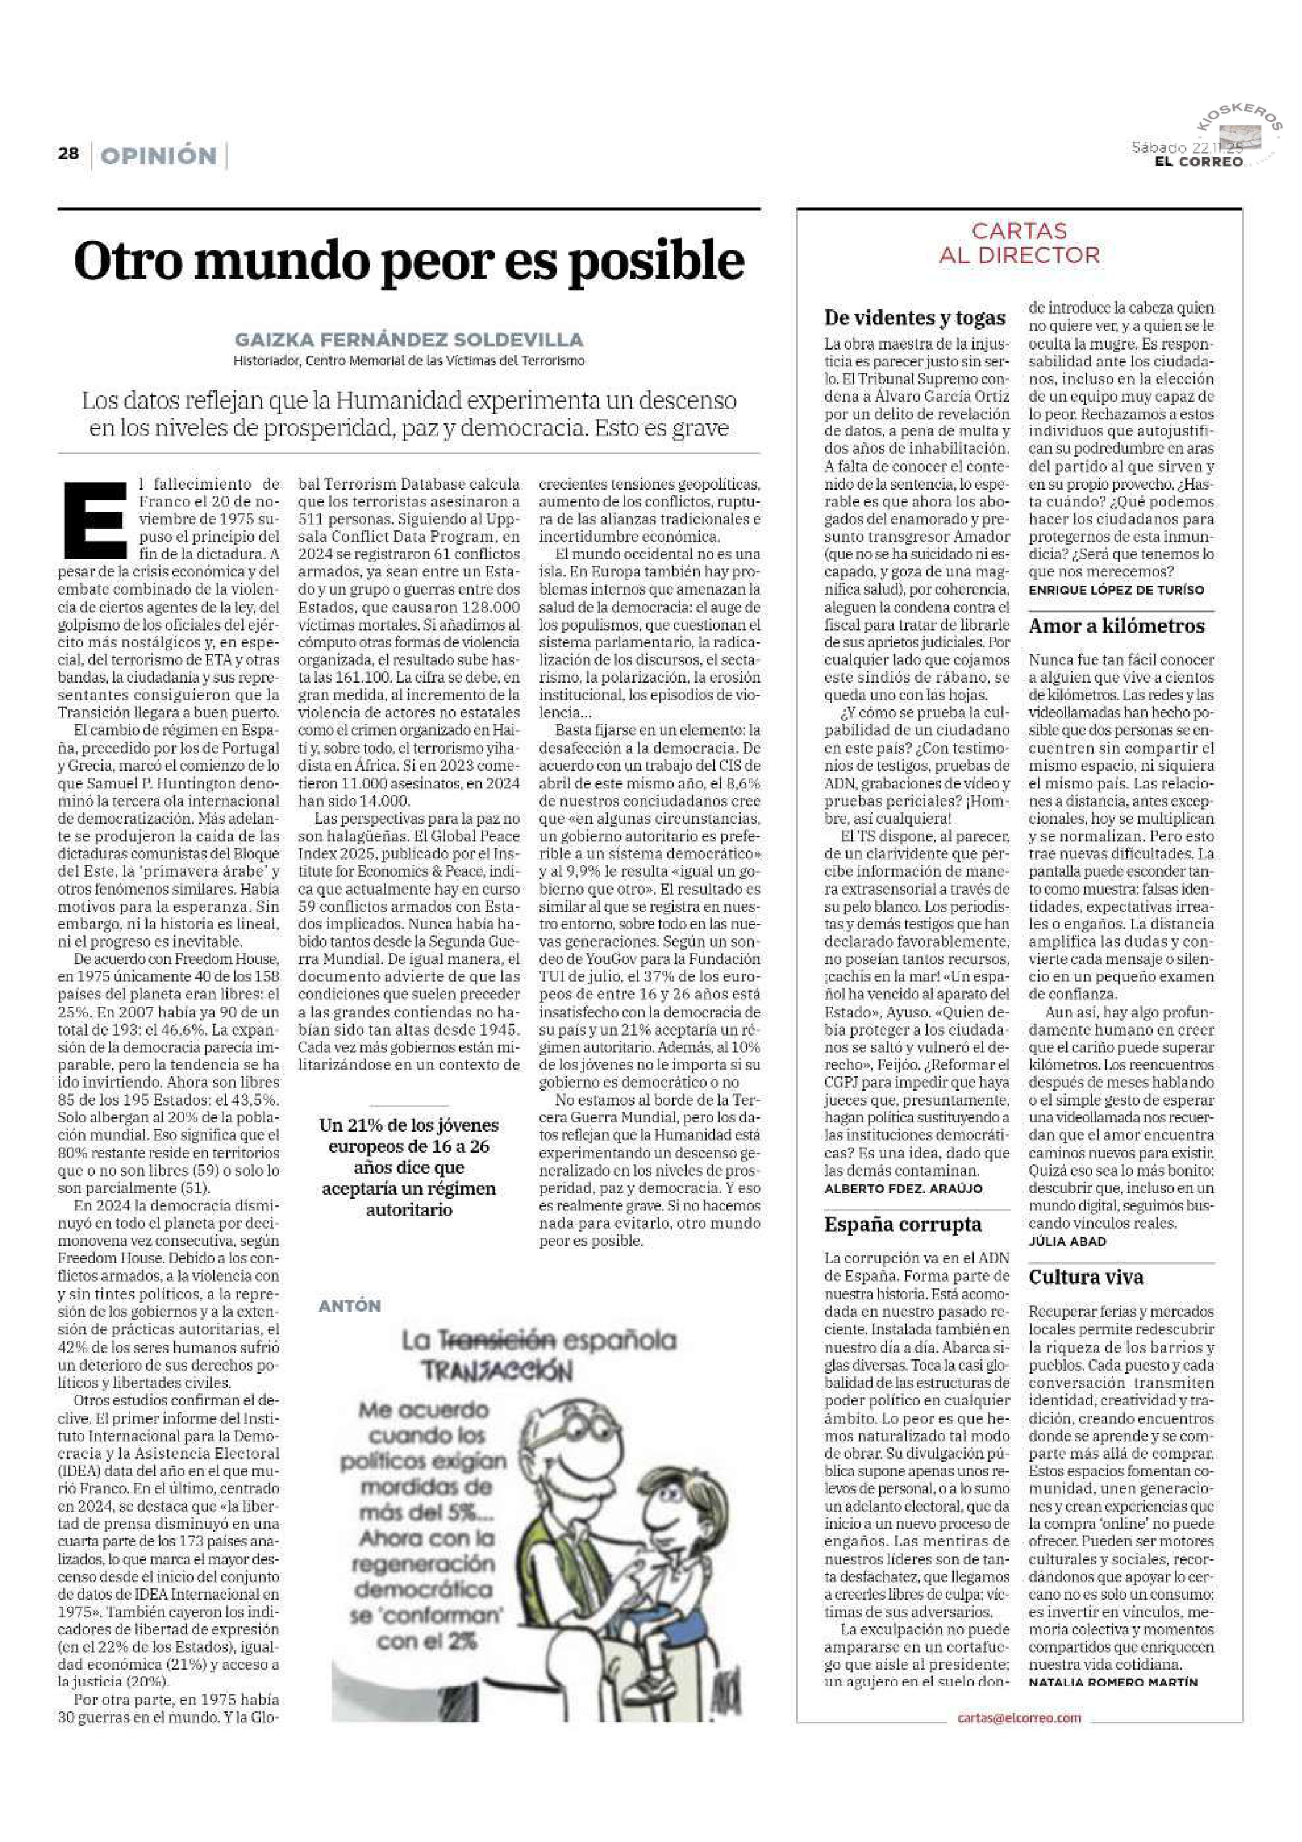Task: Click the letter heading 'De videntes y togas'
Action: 915,318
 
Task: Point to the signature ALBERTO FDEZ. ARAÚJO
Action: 903,1188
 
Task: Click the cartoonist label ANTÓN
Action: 349,1306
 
